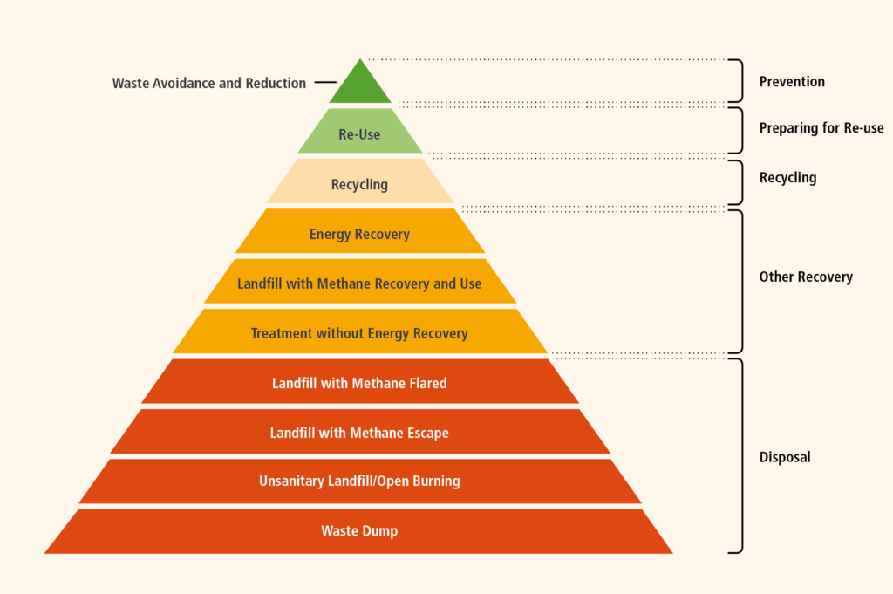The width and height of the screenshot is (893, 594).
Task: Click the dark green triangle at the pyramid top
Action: [360, 86]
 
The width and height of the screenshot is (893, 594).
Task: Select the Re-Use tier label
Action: [359, 134]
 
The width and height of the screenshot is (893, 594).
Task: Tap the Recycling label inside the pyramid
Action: [359, 185]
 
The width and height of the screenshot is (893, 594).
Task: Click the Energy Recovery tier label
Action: [359, 234]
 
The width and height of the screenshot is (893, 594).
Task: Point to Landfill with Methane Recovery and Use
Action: [359, 283]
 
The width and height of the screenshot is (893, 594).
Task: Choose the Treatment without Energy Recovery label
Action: [359, 333]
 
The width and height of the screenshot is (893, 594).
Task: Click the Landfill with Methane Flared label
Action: [359, 383]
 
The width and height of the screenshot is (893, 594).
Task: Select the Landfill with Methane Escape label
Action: [359, 433]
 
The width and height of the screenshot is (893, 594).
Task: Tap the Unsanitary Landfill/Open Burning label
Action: [359, 481]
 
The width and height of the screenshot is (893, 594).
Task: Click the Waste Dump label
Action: [359, 531]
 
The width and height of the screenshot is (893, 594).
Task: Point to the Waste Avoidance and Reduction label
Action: [209, 83]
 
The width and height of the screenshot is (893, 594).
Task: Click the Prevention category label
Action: [792, 81]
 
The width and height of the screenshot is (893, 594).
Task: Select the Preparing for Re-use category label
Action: [821, 128]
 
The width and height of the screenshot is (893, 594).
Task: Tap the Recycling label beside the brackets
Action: [787, 178]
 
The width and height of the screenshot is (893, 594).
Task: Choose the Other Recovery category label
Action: [806, 277]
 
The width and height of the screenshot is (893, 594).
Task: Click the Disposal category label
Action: [785, 457]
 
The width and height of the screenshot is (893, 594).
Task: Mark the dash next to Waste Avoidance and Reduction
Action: [325, 83]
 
